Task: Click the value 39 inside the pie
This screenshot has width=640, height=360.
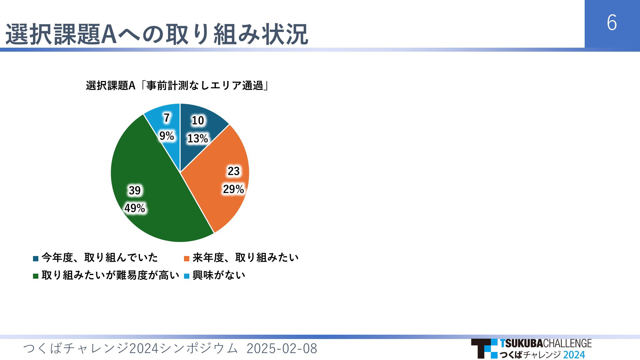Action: coord(135,190)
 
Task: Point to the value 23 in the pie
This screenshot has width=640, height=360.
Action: coord(234,171)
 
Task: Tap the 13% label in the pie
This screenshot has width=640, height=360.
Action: coord(198,138)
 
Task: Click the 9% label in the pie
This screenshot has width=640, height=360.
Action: coord(167,136)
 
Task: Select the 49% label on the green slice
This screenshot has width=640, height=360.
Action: coord(135,208)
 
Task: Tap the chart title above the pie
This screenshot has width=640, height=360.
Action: coord(177,86)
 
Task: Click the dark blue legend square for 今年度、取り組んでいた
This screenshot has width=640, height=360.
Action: coord(36,258)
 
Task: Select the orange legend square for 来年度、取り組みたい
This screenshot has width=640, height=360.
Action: coord(187,258)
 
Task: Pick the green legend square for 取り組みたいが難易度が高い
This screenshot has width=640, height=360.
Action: coord(36,276)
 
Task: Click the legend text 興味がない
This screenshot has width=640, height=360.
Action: coord(219,275)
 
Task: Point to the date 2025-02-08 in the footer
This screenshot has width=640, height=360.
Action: coord(282,349)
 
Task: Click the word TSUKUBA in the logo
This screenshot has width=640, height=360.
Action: coord(521,343)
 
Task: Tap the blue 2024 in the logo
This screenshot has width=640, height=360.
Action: coord(574,355)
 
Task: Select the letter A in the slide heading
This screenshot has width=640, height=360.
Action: coord(108,34)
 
